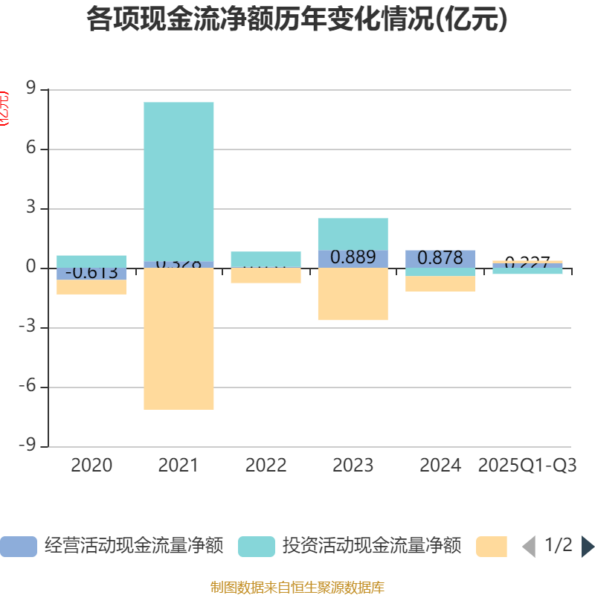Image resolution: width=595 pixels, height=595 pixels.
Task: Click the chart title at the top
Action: coord(297,20)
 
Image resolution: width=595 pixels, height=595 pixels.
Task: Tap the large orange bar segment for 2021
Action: coord(178,338)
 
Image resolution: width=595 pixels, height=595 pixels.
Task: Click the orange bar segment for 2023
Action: coord(353,294)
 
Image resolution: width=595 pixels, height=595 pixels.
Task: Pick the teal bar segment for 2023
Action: coord(353,234)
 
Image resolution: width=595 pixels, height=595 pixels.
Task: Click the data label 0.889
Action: coord(353,257)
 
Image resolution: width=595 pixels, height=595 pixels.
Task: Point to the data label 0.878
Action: coord(440,258)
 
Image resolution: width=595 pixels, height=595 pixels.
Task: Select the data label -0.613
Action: coord(91,273)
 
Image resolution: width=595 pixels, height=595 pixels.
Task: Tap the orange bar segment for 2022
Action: coord(266,276)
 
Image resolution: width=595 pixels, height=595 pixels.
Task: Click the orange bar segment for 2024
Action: coord(440,283)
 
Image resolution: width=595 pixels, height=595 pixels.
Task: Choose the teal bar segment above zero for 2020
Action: coord(91,261)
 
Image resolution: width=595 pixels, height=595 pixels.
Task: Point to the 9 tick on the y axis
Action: coord(31,89)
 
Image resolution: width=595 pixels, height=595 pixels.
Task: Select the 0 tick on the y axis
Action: coord(31,268)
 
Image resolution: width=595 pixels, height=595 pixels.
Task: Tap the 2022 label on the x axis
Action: coord(266,466)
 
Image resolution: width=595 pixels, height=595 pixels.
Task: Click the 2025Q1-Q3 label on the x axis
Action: coord(527,466)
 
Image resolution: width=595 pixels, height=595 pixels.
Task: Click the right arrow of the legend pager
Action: coord(588,547)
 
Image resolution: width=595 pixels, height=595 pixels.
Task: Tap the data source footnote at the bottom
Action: coord(297,588)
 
